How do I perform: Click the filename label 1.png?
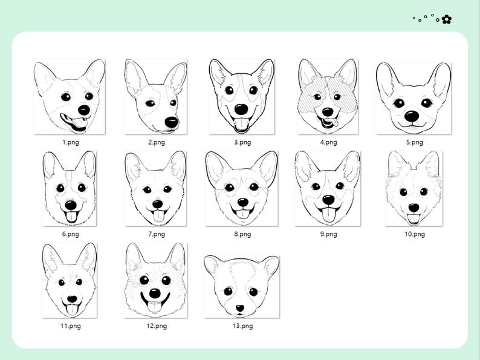[71, 142]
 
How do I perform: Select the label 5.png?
[414, 142]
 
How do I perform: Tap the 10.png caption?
[414, 234]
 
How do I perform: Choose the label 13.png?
[242, 326]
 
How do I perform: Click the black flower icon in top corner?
[446, 19]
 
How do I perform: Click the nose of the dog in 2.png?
[172, 122]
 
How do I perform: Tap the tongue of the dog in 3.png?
[241, 125]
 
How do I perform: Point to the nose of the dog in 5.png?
[412, 116]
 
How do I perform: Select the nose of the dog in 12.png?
[155, 293]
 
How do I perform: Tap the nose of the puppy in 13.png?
[241, 306]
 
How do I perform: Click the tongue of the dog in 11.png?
[71, 309]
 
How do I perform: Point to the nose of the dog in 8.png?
[242, 201]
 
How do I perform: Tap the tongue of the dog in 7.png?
[158, 217]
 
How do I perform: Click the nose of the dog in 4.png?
[327, 112]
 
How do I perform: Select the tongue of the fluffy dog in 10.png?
[414, 219]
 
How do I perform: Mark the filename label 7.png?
[156, 234]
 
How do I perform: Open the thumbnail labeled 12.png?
[155, 280]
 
